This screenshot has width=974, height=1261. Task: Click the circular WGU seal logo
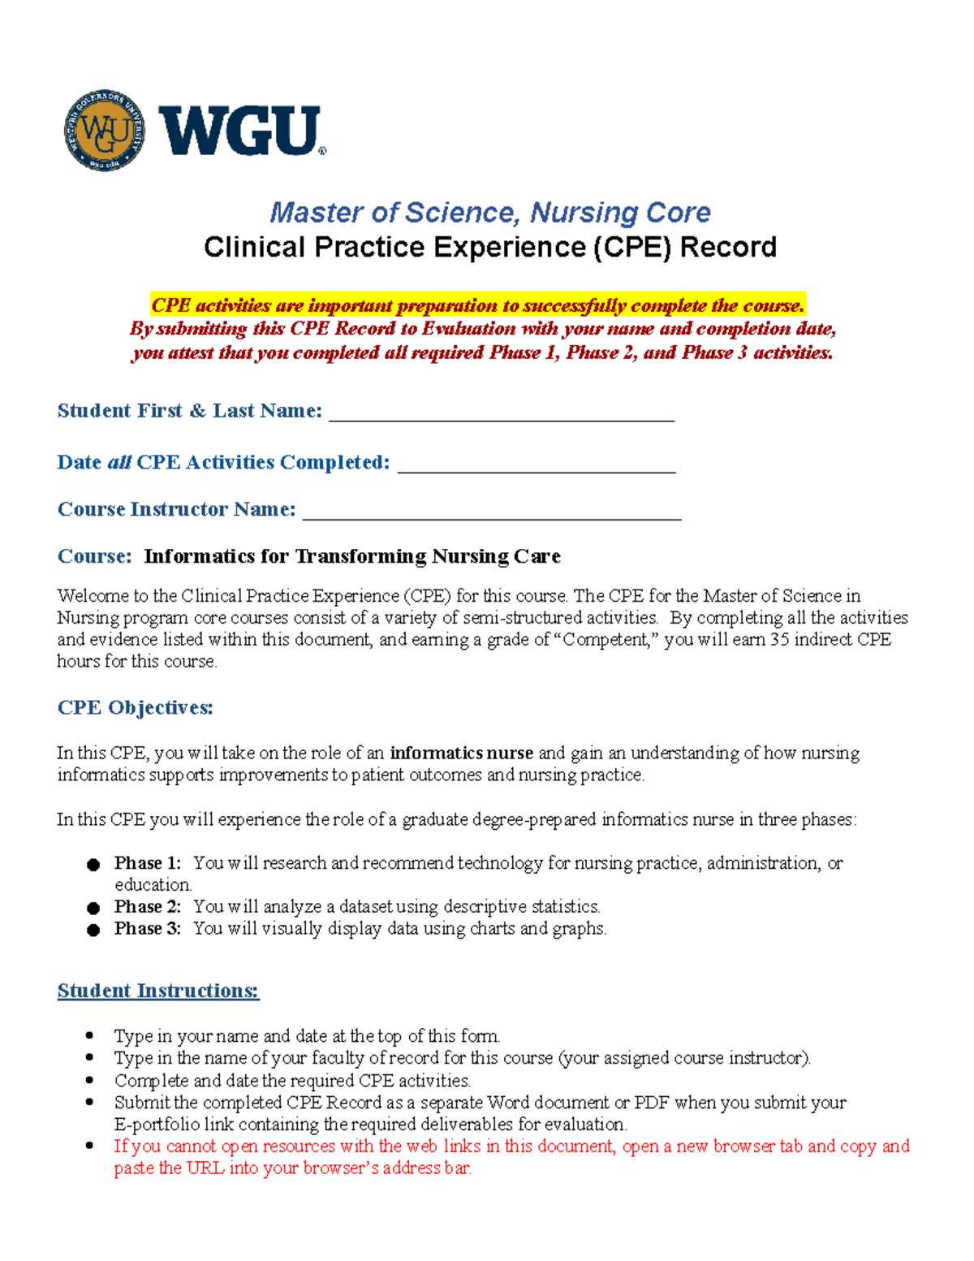(x=105, y=131)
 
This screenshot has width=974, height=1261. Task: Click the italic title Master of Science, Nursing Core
(x=489, y=213)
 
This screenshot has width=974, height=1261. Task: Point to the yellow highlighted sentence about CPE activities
(x=477, y=305)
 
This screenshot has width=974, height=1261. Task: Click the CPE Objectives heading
(x=135, y=707)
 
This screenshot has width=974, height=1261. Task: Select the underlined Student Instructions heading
(x=158, y=991)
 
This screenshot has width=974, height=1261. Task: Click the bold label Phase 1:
(x=147, y=863)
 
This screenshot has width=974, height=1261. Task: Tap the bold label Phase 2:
(x=147, y=906)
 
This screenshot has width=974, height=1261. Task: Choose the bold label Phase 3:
(x=147, y=928)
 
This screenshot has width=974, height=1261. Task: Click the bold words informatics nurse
(x=461, y=753)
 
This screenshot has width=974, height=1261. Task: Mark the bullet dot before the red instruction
(x=90, y=1147)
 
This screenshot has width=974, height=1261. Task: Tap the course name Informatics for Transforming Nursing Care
(x=352, y=556)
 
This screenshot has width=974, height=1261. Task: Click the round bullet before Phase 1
(x=93, y=865)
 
